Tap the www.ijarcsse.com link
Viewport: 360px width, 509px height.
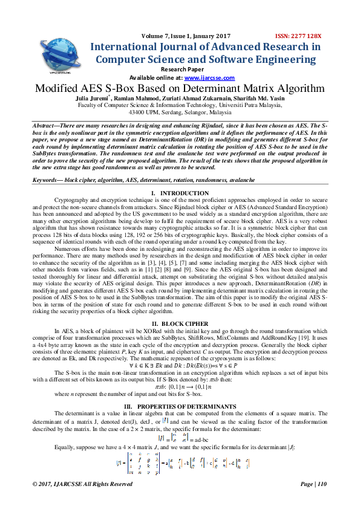pyautogui.click(x=201, y=78)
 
